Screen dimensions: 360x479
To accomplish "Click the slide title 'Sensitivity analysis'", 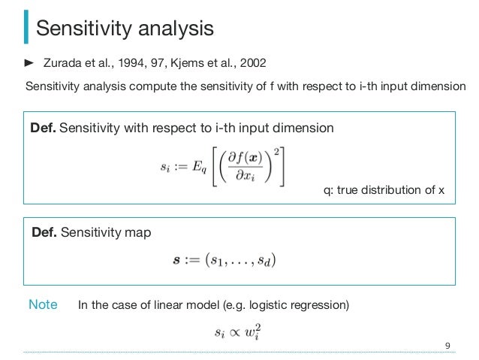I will [x=125, y=29].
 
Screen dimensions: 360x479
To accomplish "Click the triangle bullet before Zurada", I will [x=30, y=61].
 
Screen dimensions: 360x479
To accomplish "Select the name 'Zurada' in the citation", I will [x=65, y=61].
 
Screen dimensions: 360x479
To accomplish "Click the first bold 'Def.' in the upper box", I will [x=43, y=128].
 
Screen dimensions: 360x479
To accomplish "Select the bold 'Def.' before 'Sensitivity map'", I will [x=44, y=233].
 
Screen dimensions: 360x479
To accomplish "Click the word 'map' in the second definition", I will [x=138, y=233].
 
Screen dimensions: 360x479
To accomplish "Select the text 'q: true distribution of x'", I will [x=384, y=190].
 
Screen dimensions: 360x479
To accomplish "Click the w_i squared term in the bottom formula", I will [x=253, y=331].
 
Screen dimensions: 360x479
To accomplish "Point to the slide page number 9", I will [x=447, y=346].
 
